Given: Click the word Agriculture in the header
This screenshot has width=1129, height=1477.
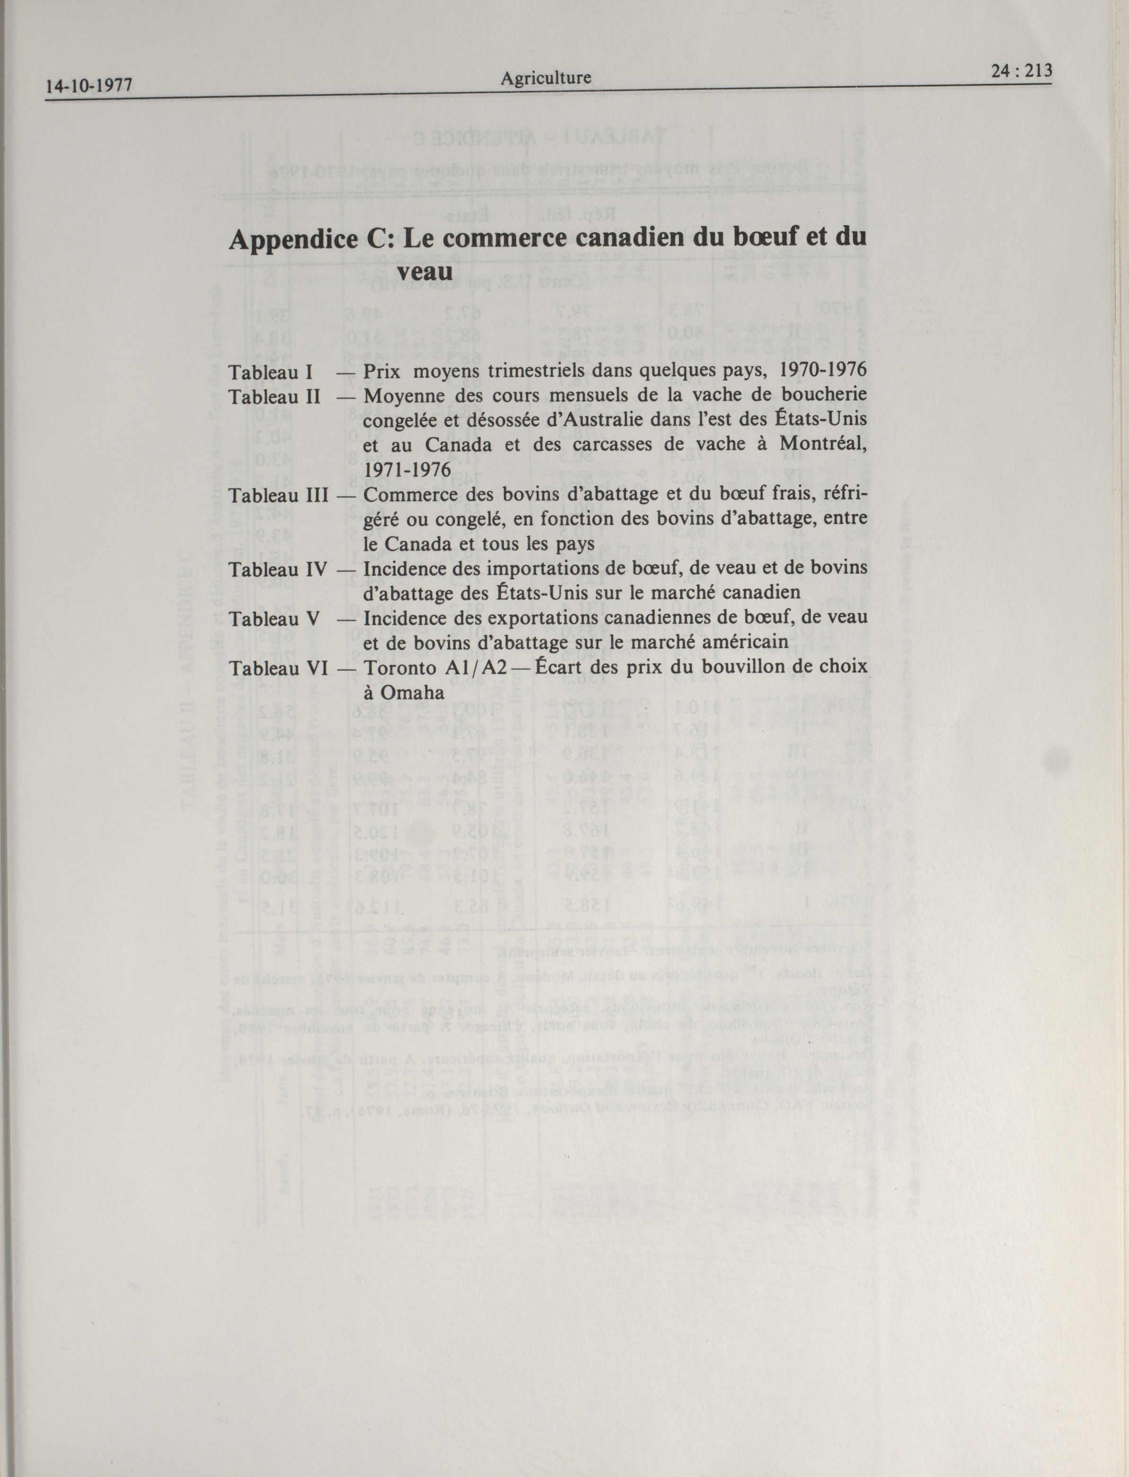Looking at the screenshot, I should coord(546,78).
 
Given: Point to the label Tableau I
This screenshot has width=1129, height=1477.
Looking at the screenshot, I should coord(268,371).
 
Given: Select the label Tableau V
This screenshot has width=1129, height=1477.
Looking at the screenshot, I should coord(272,618).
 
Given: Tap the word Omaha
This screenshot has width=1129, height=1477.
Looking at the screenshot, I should coord(412,693).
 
